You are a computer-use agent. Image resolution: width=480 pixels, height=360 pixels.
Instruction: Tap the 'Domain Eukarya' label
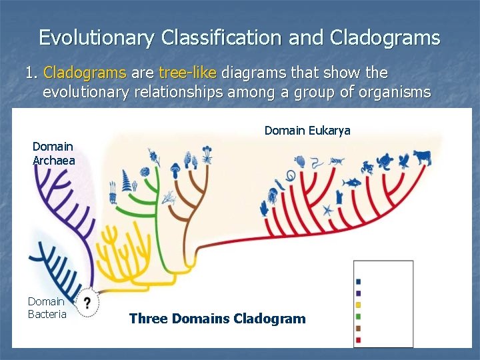[307, 131]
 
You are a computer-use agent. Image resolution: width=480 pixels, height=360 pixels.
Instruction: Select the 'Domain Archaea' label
[53, 153]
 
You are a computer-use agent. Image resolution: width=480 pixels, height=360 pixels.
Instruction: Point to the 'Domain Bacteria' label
[47, 308]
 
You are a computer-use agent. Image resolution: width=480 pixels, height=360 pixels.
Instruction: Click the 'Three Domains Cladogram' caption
[217, 319]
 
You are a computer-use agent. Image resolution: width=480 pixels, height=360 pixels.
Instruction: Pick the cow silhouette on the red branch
[421, 157]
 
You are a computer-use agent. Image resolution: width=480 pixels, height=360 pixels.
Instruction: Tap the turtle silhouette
[386, 161]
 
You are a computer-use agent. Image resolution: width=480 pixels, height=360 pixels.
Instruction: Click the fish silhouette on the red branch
[351, 182]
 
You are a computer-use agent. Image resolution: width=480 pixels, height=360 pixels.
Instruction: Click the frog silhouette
[367, 168]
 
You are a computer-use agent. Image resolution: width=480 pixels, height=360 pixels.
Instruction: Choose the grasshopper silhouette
[338, 161]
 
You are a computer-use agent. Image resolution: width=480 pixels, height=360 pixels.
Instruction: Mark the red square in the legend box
[359, 340]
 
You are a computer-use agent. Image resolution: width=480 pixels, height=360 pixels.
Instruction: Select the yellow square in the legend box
[359, 305]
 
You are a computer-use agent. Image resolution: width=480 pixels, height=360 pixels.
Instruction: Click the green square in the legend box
[359, 317]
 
